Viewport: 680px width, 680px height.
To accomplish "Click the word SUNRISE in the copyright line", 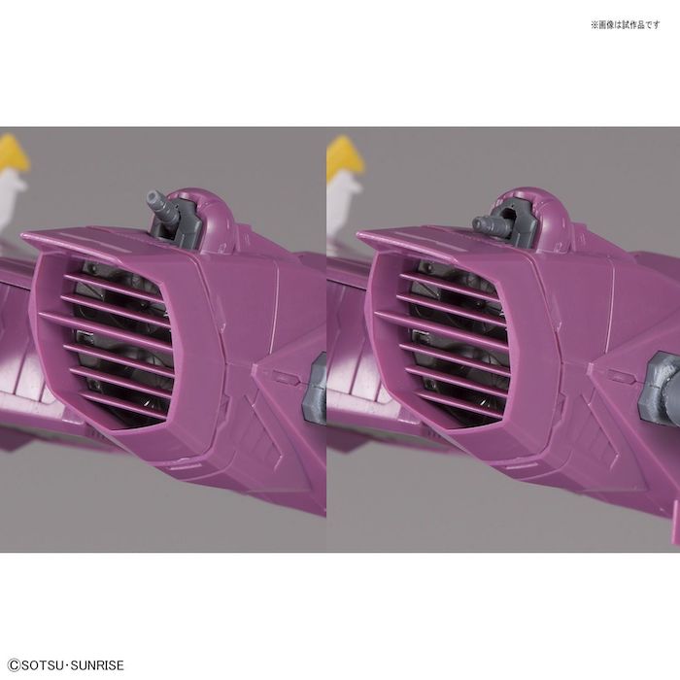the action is [97, 665].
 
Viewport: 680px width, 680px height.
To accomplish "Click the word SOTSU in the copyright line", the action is [43, 665].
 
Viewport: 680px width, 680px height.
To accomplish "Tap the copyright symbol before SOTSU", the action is [14, 665].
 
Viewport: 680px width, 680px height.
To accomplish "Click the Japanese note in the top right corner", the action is [625, 24].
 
